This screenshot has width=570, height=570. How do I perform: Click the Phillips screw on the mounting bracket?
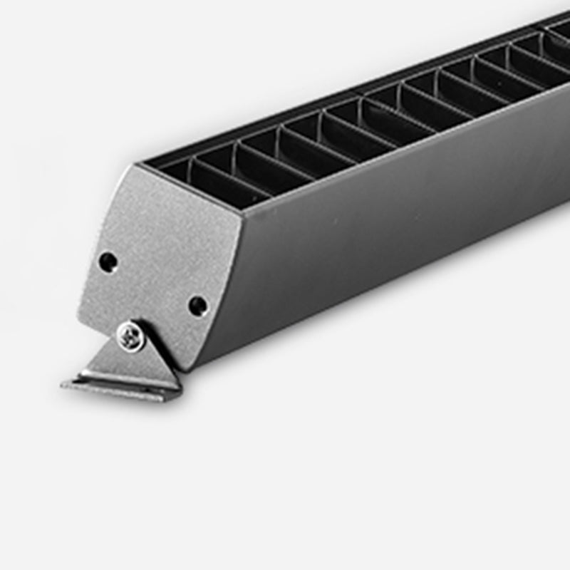pos(132,335)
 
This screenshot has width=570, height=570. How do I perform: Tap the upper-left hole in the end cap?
pos(108,261)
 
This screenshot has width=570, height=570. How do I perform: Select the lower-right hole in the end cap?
pos(197,306)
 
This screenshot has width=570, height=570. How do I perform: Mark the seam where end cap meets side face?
pos(217,292)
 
